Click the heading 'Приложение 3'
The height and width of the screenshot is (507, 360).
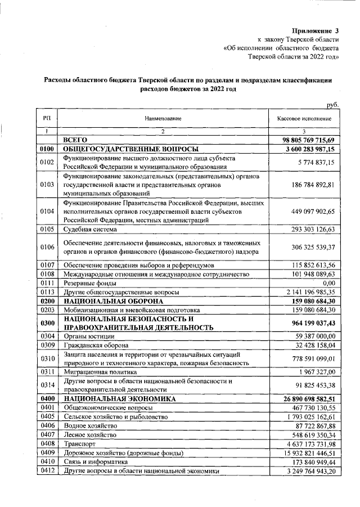[316, 30]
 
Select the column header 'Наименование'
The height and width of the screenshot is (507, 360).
[163, 119]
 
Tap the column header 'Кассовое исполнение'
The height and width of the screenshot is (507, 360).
[304, 119]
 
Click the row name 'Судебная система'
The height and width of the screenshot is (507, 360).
[90, 230]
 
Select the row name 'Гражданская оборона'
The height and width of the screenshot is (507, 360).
[96, 345]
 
